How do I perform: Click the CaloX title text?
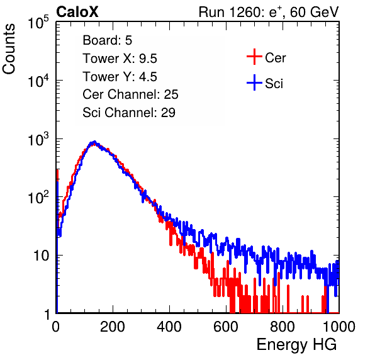click(77, 12)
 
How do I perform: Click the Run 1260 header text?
click(269, 12)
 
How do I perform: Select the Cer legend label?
click(275, 58)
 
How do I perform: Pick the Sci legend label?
click(274, 84)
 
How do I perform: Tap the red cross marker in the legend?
click(254, 57)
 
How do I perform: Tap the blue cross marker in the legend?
click(254, 83)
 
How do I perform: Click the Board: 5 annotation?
click(108, 40)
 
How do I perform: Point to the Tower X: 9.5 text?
click(120, 59)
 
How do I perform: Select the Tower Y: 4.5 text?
click(120, 77)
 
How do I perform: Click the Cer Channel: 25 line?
click(130, 94)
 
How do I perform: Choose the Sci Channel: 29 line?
click(129, 113)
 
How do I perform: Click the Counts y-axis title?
click(9, 49)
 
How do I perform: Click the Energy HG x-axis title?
click(296, 345)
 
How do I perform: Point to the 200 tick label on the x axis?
click(113, 327)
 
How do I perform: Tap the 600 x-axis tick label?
click(226, 327)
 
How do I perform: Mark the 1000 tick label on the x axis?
click(339, 327)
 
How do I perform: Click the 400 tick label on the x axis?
click(169, 327)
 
